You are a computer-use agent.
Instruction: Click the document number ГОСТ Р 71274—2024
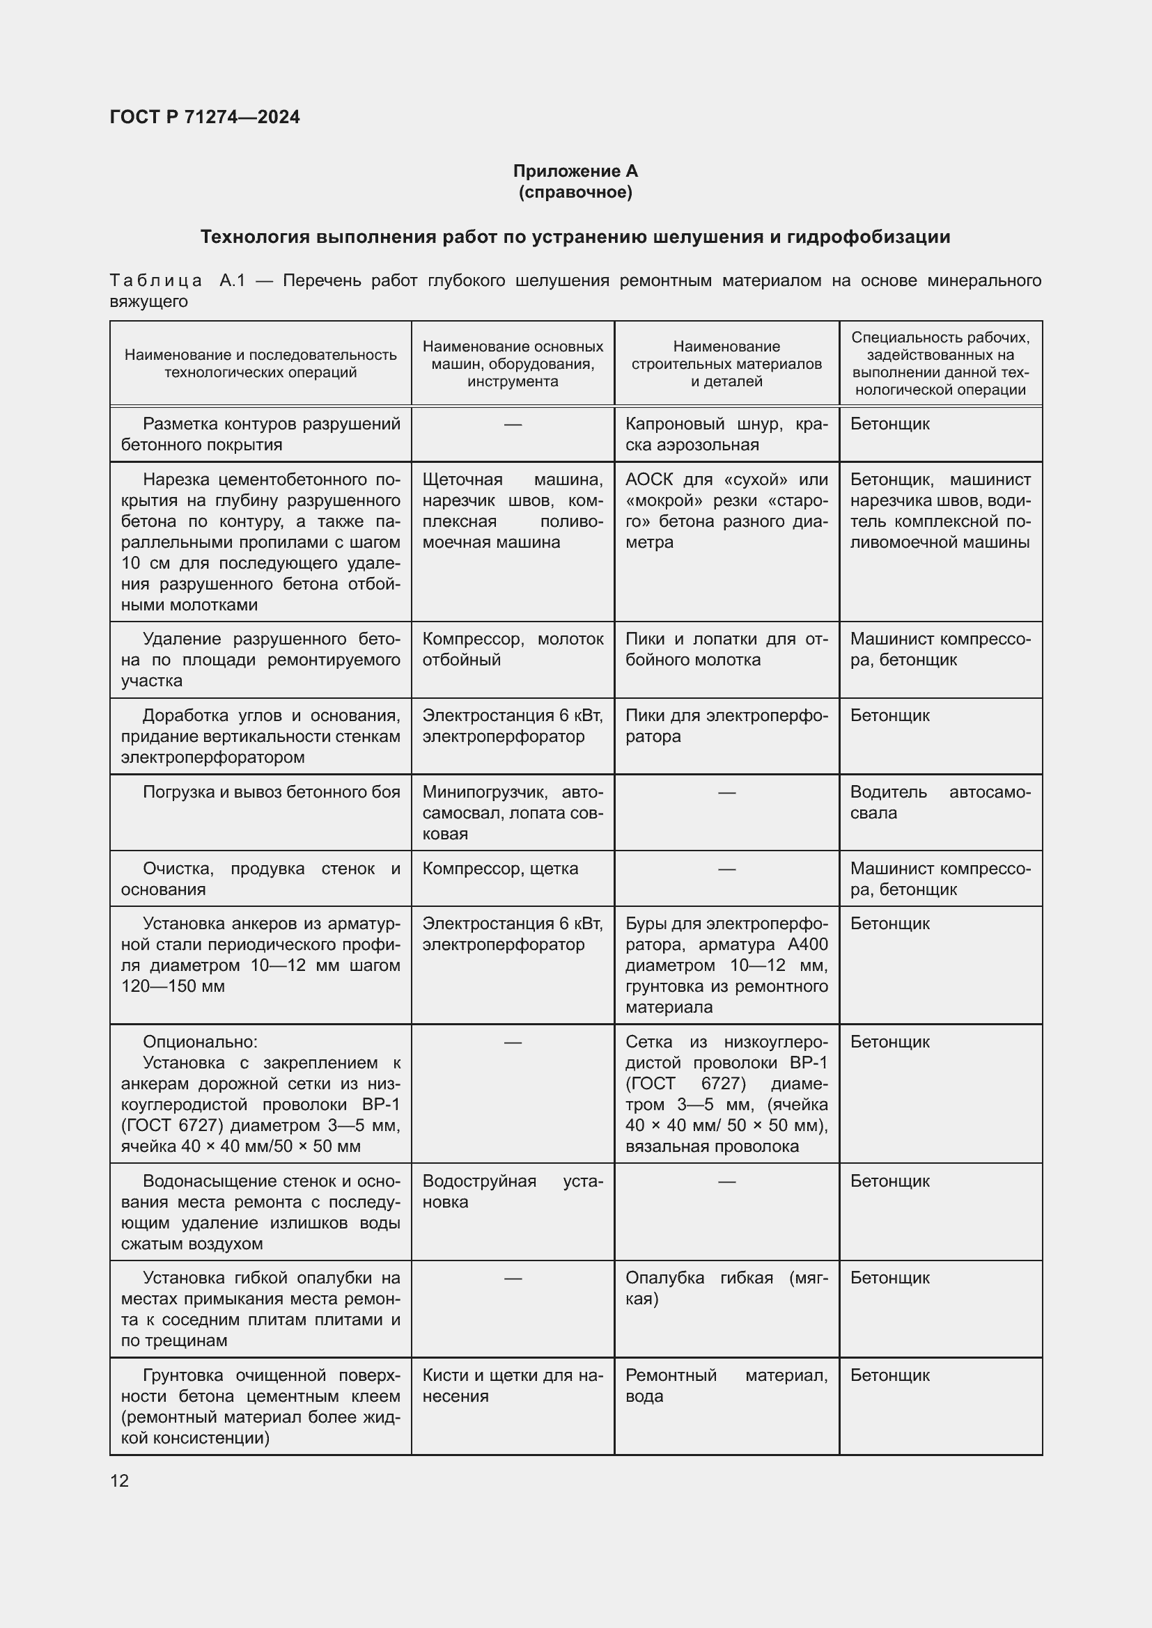point(204,117)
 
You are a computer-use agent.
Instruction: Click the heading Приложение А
point(575,171)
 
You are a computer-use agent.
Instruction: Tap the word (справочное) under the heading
point(575,192)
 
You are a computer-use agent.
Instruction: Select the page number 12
point(119,1480)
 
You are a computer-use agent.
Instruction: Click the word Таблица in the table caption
point(156,280)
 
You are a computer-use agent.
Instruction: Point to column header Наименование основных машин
point(512,364)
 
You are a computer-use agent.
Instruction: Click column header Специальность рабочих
point(940,364)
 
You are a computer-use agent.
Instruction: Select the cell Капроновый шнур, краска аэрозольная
point(726,434)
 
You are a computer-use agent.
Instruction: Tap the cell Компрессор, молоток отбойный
point(512,649)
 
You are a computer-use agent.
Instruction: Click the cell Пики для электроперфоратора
point(726,725)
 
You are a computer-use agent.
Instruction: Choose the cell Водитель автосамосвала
point(940,802)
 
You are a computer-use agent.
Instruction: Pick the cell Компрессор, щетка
point(500,869)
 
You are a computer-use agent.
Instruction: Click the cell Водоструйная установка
point(512,1191)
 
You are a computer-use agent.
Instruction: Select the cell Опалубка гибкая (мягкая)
point(726,1288)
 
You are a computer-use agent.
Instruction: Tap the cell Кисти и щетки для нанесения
point(512,1386)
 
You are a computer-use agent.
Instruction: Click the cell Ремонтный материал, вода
point(726,1386)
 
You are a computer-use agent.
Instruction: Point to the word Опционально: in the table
point(200,1042)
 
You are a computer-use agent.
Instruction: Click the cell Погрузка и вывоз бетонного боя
point(271,792)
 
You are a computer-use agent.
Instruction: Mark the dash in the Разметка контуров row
point(512,424)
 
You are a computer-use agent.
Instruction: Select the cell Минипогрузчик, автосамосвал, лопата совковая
point(512,812)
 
